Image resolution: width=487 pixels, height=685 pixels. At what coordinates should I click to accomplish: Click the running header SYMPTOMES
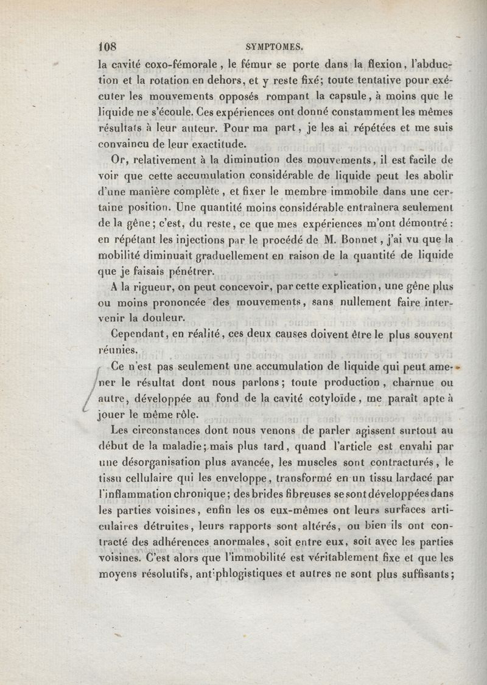pyautogui.click(x=278, y=45)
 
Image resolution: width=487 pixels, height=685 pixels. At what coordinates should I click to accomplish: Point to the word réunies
pyautogui.click(x=118, y=350)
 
